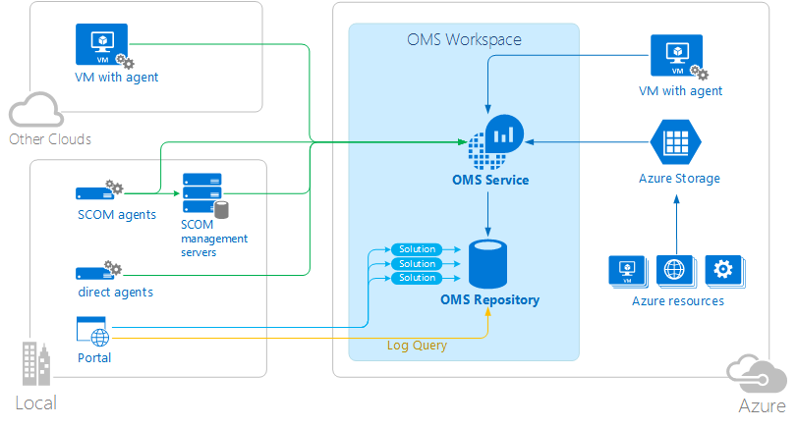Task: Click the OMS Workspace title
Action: point(464,40)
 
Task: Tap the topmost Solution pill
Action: point(417,249)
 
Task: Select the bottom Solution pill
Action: point(417,279)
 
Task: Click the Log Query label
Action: point(417,346)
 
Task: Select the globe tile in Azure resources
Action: point(674,269)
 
